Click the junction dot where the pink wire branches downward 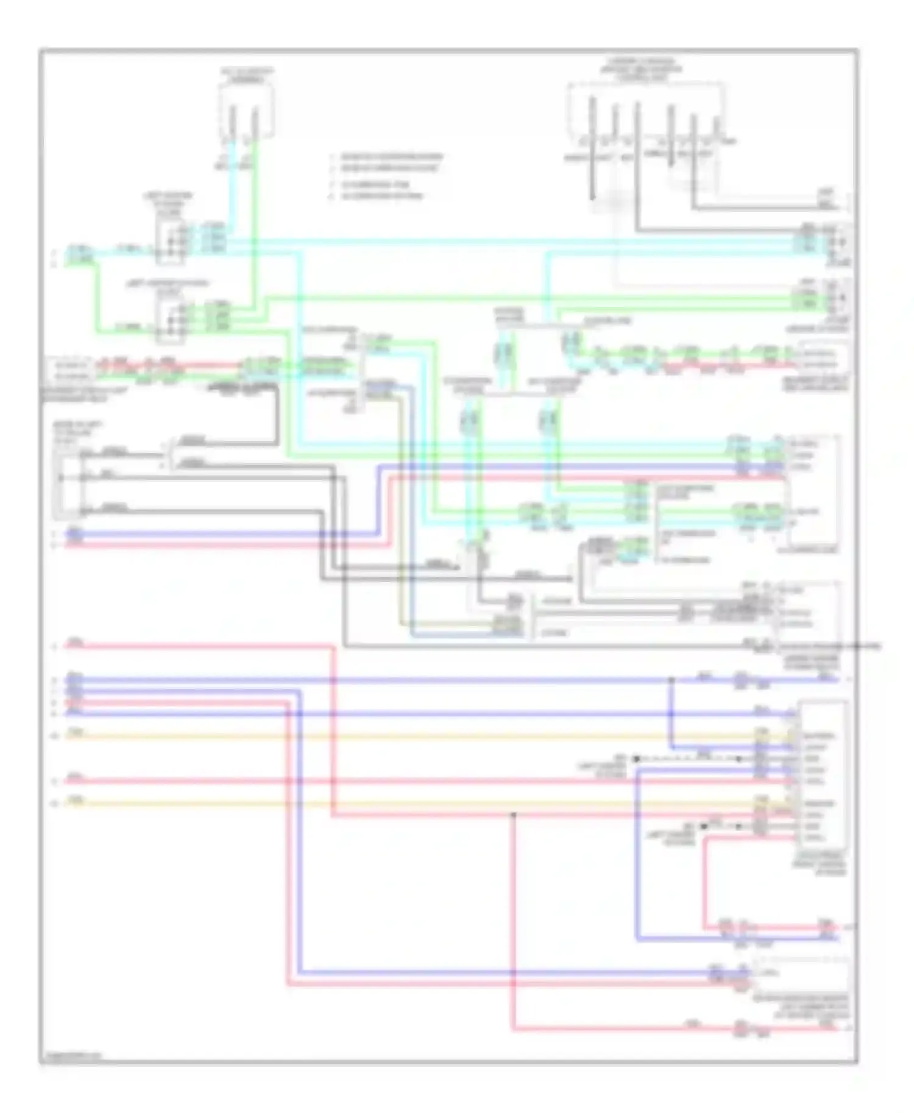pyautogui.click(x=514, y=814)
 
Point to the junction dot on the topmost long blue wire pyautogui.click(x=671, y=679)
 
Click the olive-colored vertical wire pyautogui.click(x=401, y=518)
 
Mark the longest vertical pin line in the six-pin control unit pyautogui.click(x=637, y=164)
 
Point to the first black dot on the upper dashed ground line pyautogui.click(x=636, y=759)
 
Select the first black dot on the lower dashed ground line pyautogui.click(x=704, y=826)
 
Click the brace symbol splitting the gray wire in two pyautogui.click(x=166, y=454)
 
